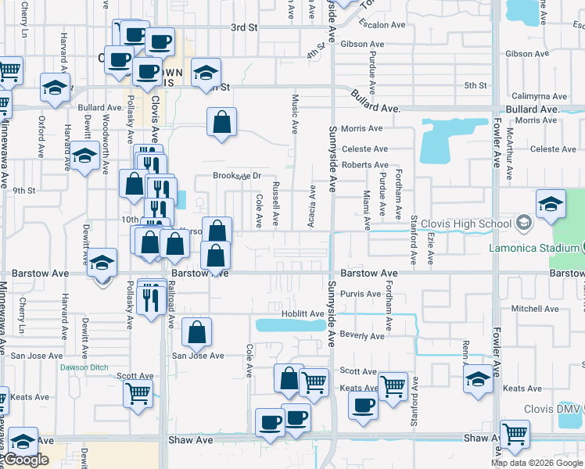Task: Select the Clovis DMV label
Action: (551, 409)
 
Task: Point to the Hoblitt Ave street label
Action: (303, 314)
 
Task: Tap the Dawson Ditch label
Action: (82, 367)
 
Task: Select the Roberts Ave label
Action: (364, 165)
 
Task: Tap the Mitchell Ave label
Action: (535, 309)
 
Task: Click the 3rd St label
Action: (244, 27)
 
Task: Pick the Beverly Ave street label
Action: (364, 336)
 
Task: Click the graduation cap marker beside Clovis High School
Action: (551, 204)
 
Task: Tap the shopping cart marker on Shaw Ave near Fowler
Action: (515, 434)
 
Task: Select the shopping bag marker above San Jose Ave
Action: (196, 331)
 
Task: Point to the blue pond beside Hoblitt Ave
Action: (289, 325)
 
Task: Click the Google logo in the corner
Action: (27, 460)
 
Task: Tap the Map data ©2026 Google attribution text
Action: (537, 463)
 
